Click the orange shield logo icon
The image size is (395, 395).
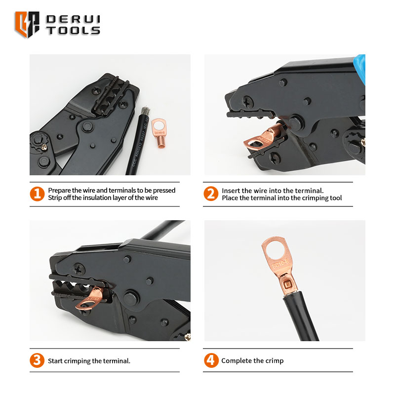27,24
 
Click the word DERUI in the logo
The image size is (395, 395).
73,19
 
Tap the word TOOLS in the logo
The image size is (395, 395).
73,31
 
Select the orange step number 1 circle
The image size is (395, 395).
37,194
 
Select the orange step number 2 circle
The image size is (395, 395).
211,194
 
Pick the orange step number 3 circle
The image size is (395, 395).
37,360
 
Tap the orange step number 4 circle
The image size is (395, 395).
211,360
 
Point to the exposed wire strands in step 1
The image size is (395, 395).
145,111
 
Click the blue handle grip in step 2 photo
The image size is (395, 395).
361,68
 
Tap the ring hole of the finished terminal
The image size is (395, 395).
276,250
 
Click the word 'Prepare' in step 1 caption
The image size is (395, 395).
60,191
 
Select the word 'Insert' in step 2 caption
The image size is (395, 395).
230,191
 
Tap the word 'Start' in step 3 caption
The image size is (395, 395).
55,361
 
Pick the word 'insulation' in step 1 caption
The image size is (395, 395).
97,198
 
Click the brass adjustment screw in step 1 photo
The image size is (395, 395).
44,147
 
